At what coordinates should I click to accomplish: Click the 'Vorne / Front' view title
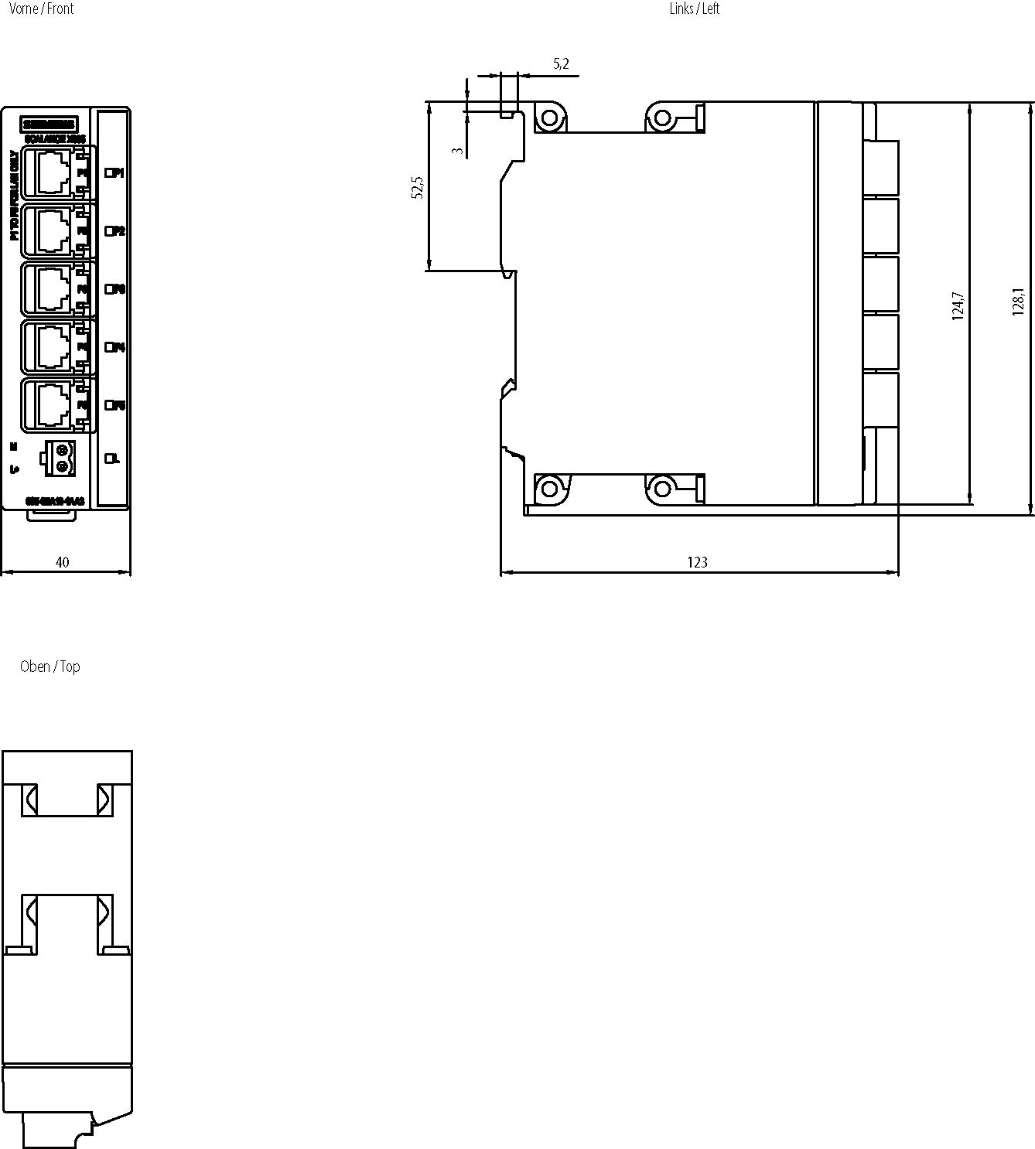pos(41,9)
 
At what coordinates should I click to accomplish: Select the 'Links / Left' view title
pos(694,9)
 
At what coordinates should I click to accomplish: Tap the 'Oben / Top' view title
pos(50,667)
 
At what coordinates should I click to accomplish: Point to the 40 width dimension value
pos(62,562)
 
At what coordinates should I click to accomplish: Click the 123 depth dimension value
pos(697,562)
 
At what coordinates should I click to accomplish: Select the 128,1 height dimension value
pos(1018,302)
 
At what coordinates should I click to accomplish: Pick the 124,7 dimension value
pos(958,306)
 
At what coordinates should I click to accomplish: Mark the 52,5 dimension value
pos(418,188)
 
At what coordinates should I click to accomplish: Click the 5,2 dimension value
pos(561,64)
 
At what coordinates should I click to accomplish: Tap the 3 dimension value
pos(459,151)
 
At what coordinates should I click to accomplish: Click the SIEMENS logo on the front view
pos(49,124)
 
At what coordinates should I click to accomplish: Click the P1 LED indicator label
pos(114,172)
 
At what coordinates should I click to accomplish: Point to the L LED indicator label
pos(113,459)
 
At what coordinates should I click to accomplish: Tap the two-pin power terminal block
pos(60,457)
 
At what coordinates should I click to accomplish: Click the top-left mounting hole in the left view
pos(549,118)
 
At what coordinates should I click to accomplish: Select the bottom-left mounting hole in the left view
pos(549,489)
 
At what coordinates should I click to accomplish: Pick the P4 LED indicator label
pos(114,347)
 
